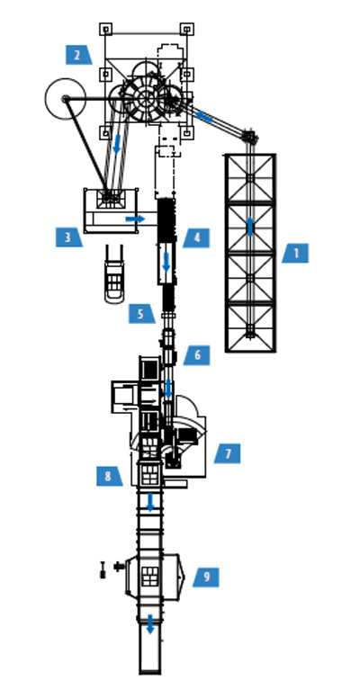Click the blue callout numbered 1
[295, 254]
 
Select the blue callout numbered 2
[79, 55]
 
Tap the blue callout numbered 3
[68, 237]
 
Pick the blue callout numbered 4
[196, 238]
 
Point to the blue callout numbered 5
[141, 313]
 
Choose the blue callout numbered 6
[196, 355]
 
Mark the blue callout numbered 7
[227, 453]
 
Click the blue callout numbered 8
[109, 476]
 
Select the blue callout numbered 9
[206, 577]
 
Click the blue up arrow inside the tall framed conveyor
[250, 226]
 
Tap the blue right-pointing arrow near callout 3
[135, 219]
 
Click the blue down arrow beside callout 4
[166, 262]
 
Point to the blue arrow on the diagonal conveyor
[203, 116]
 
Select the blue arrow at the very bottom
[150, 624]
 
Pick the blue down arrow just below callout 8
[150, 502]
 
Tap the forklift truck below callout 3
[114, 274]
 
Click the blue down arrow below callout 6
[168, 389]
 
